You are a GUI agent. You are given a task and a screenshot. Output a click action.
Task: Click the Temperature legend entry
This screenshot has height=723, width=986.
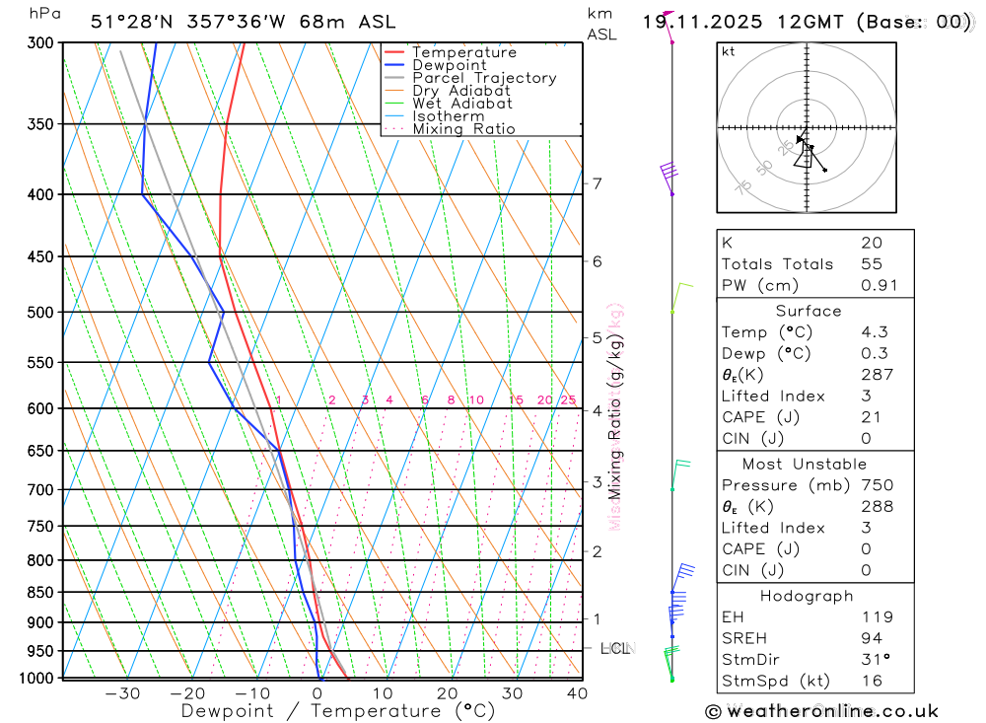pos(463,52)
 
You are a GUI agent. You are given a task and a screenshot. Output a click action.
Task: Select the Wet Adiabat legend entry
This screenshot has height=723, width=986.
pos(461,104)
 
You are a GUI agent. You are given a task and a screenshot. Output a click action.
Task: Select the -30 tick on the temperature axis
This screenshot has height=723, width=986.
pos(121,693)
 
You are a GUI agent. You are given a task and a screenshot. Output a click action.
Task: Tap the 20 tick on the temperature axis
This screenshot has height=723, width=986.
pos(447,693)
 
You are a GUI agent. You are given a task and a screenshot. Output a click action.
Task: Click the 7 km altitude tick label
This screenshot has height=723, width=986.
pos(597,183)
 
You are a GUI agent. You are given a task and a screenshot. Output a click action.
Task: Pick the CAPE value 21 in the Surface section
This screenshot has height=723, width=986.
pos(871,417)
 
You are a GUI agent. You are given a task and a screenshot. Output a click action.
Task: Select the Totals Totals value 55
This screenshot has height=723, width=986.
pos(871,264)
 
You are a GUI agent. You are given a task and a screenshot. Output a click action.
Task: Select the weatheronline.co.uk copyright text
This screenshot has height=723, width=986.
pos(821,711)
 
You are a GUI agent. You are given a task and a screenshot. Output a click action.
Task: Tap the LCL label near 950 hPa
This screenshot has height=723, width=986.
pos(615,649)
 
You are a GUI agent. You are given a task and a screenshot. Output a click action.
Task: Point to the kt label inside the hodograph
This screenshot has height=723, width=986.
pos(729,51)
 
